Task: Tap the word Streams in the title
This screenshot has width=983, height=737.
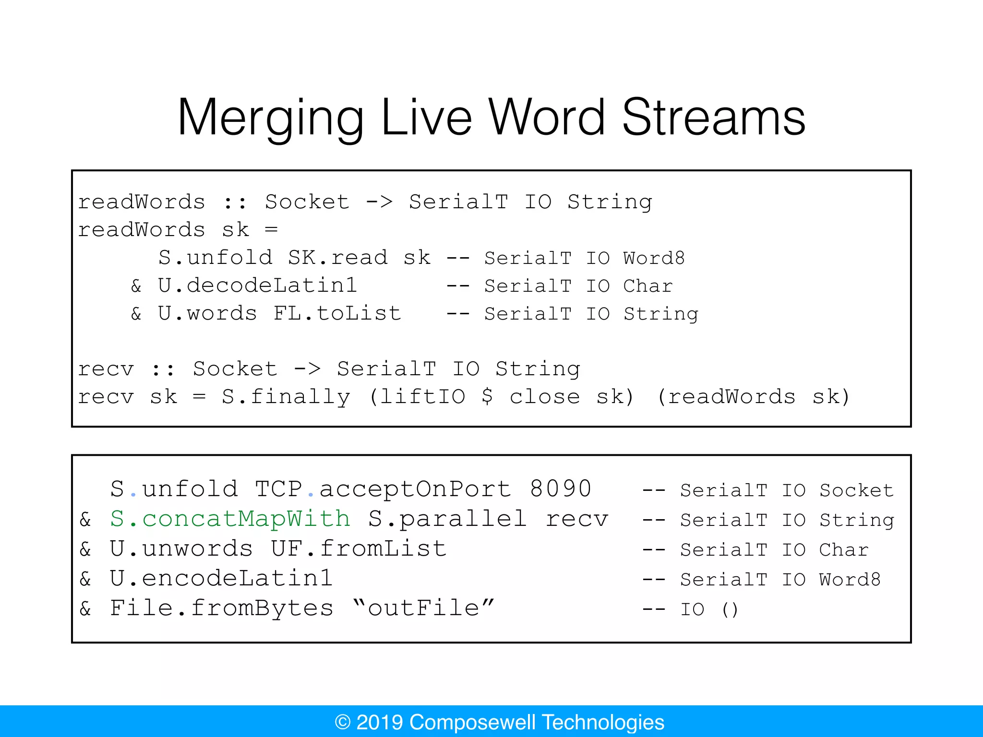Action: (713, 118)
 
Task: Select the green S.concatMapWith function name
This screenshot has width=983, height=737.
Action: (230, 519)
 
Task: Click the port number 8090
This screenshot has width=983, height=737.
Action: (561, 489)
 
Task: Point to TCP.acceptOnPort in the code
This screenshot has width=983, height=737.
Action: (383, 489)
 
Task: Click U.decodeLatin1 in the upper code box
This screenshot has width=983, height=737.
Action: (258, 286)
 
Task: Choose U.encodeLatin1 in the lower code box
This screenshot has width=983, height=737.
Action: (221, 579)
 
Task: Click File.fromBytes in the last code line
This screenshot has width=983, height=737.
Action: (221, 608)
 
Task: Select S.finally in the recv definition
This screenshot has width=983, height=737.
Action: (286, 397)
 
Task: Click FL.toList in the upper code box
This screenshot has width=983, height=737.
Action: (337, 314)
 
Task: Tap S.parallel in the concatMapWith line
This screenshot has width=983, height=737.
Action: (447, 519)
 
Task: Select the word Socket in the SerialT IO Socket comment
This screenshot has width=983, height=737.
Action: (856, 490)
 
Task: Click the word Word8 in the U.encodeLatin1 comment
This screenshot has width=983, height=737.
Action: (850, 580)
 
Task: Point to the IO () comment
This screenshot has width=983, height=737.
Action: (709, 609)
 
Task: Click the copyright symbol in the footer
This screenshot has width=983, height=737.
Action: (343, 722)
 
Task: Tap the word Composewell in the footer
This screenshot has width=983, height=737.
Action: (473, 722)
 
